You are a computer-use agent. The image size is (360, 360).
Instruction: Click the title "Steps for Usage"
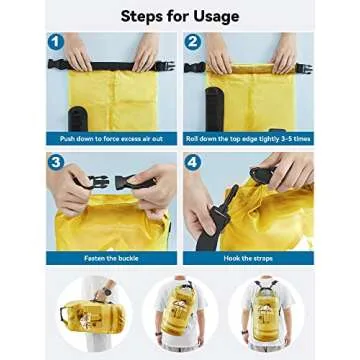coord(180,16)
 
